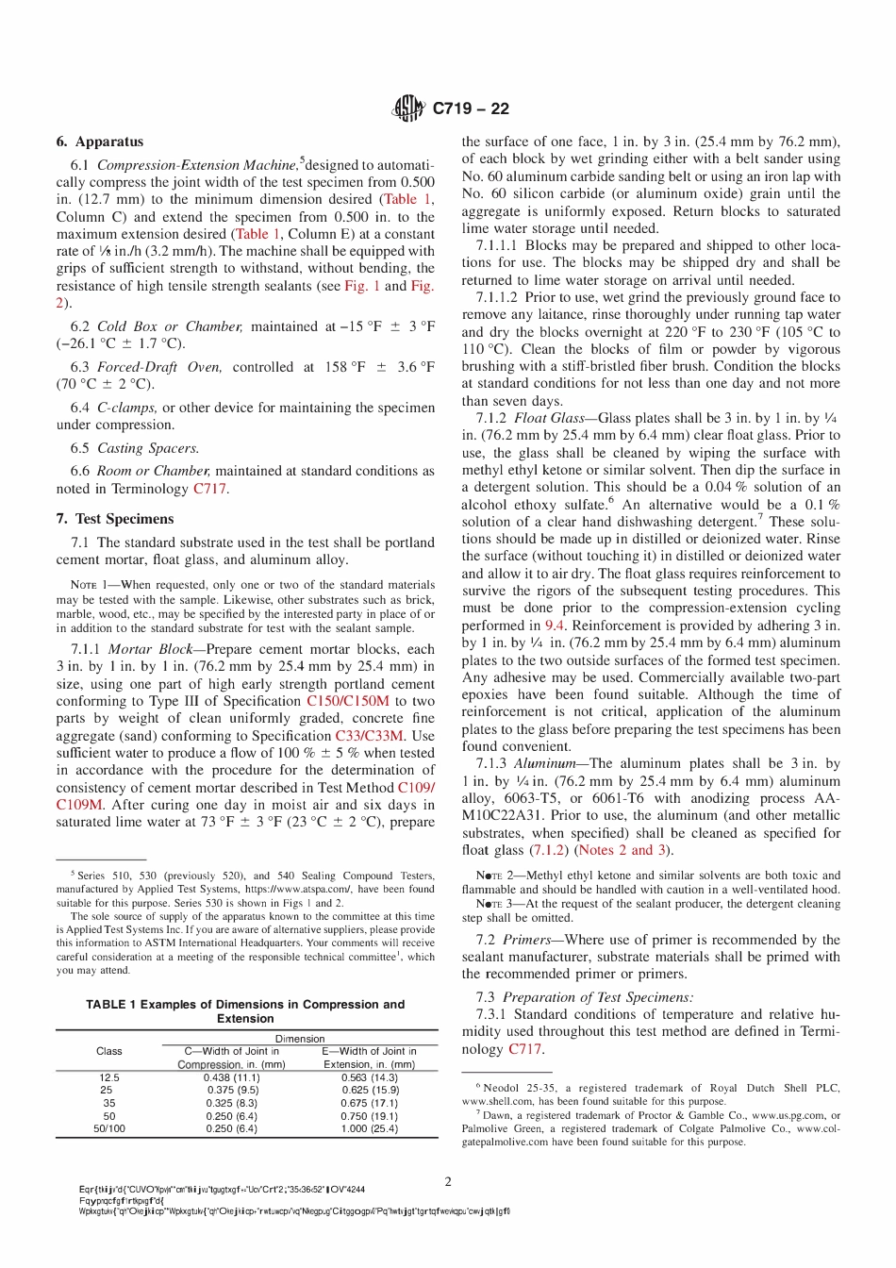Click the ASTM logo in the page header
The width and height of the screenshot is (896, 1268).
(407, 108)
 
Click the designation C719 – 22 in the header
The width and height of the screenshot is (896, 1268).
(471, 108)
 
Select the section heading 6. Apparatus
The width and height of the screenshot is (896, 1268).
(100, 142)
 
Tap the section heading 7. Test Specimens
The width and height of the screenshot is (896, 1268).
(115, 519)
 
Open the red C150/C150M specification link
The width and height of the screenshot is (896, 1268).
(347, 701)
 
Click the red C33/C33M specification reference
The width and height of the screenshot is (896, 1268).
(369, 736)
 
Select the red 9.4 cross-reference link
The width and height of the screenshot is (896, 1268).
(556, 626)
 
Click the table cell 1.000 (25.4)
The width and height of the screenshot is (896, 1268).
(369, 1128)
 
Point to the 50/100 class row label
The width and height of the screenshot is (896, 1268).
(109, 1128)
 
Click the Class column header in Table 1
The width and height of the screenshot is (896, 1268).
(109, 1051)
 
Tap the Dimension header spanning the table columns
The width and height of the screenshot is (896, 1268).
(300, 1039)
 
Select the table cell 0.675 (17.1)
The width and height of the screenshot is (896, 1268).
(369, 1103)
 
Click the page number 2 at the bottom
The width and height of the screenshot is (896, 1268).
(448, 1181)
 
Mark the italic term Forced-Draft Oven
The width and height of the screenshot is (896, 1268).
(159, 367)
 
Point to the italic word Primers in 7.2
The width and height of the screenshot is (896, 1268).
(526, 940)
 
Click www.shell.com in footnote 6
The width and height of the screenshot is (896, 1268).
(491, 1101)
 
